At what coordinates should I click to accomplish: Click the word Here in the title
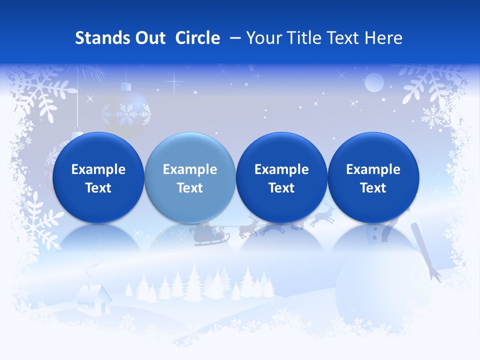coord(382,38)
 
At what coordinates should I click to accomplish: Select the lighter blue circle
coord(189,177)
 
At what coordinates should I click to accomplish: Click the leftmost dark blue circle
coord(98,177)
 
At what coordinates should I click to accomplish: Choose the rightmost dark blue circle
coord(373,177)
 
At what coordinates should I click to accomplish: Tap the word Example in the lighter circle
coord(189,169)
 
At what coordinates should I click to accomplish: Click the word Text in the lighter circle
coord(189,188)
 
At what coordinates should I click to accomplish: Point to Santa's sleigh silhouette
coord(204,234)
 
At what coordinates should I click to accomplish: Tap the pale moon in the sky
coord(373,82)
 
